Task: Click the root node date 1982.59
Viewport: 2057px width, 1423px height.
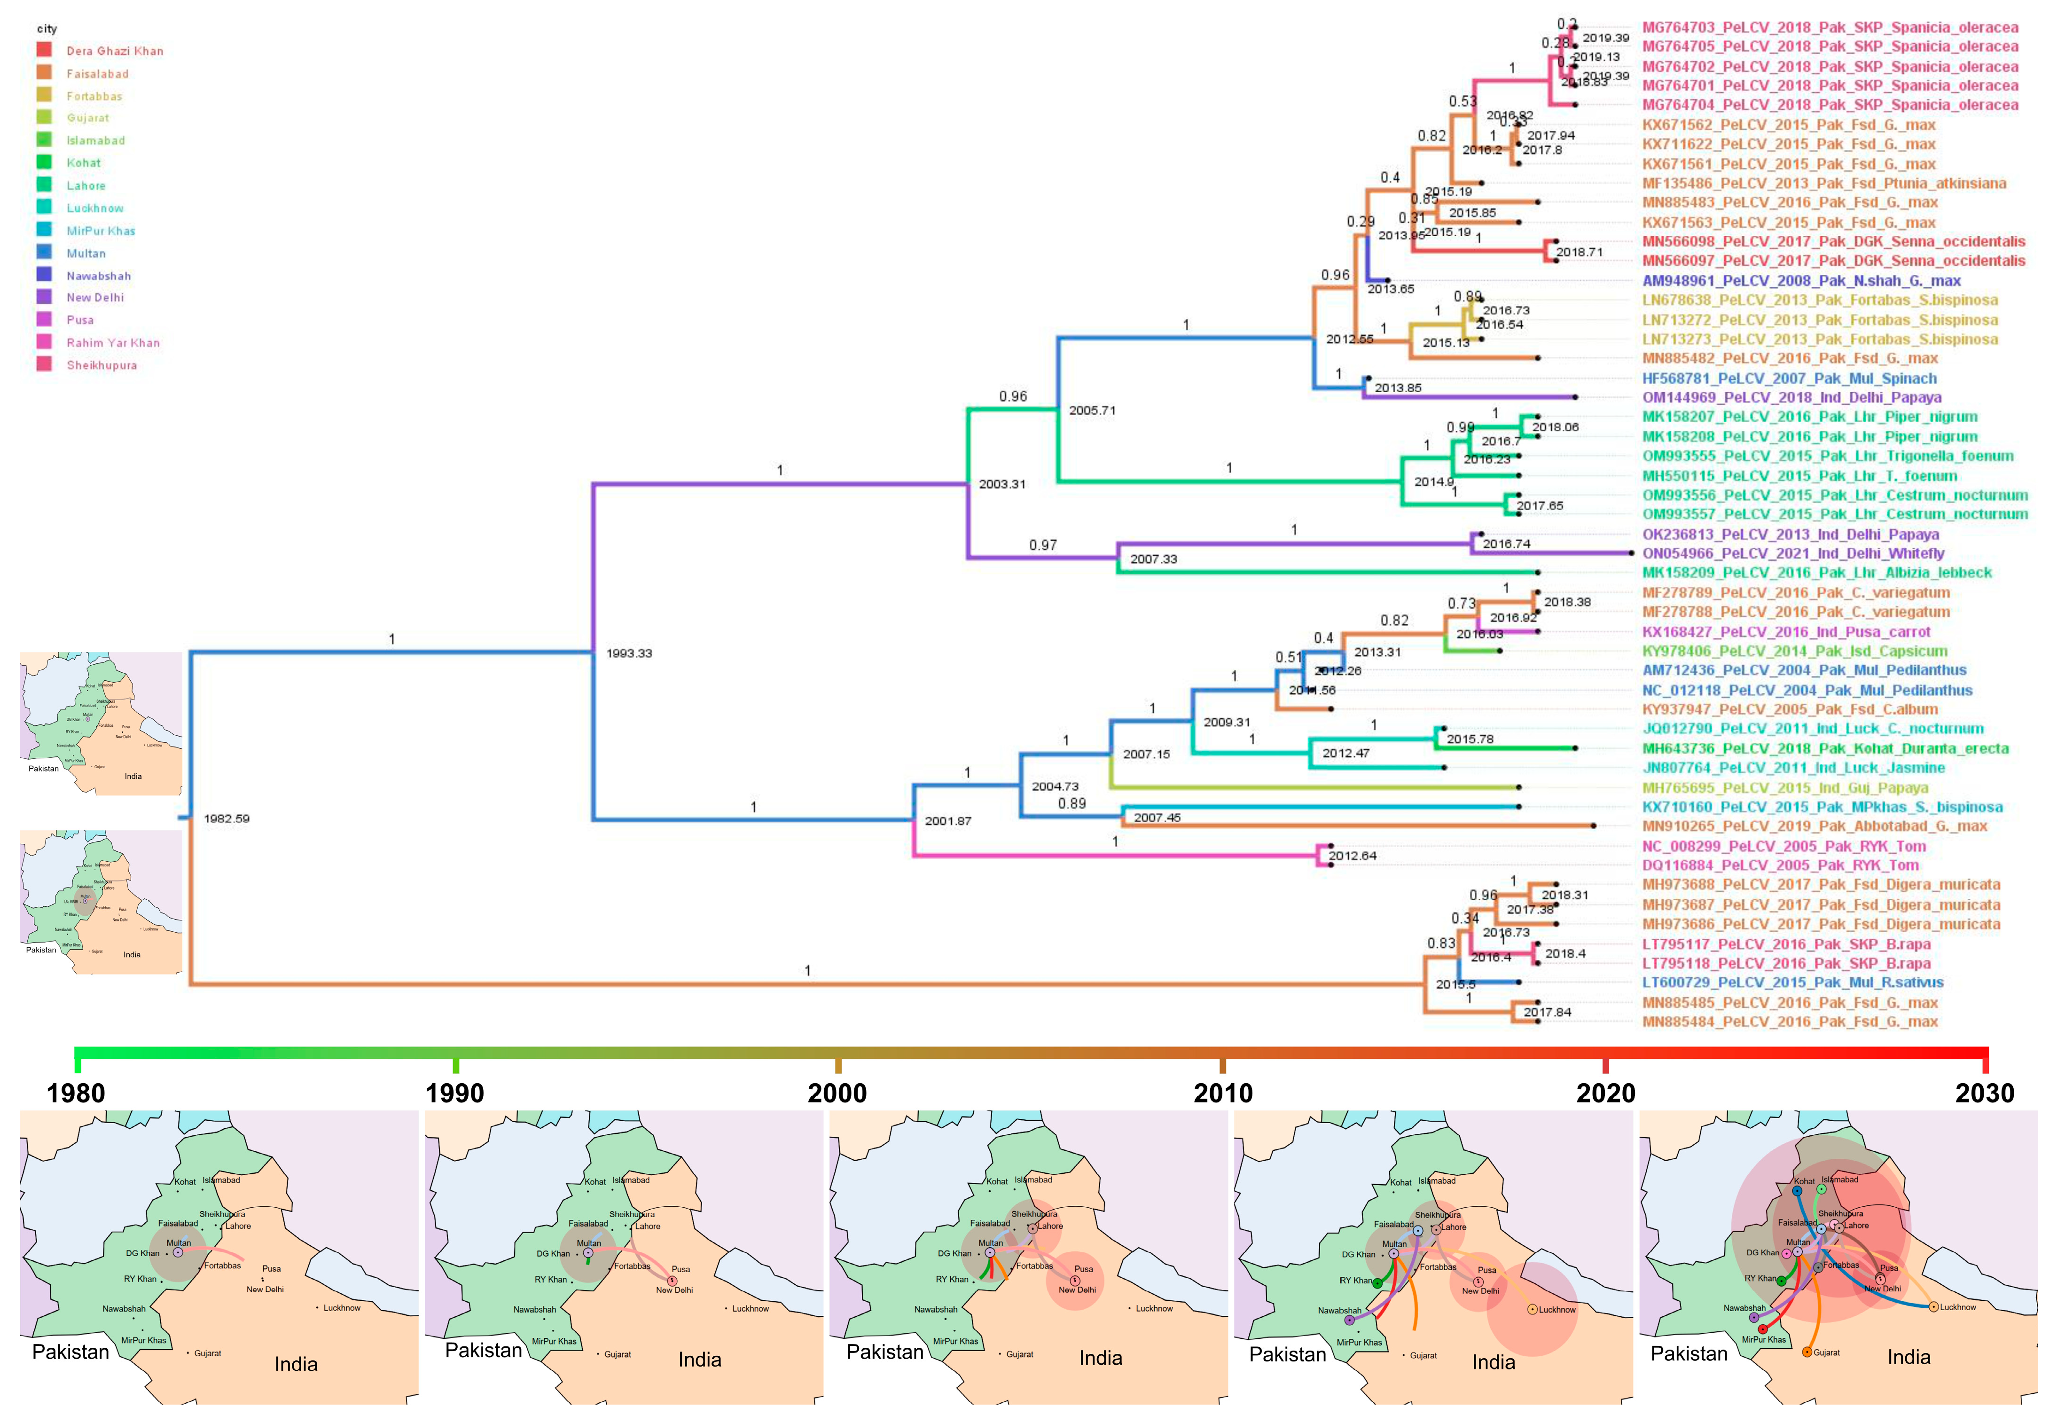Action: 227,818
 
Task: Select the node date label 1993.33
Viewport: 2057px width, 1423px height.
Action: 629,653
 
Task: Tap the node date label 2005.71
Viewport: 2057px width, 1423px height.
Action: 1092,410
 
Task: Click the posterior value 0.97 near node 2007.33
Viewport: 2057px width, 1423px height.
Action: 1043,545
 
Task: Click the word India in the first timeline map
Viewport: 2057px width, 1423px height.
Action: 296,1364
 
